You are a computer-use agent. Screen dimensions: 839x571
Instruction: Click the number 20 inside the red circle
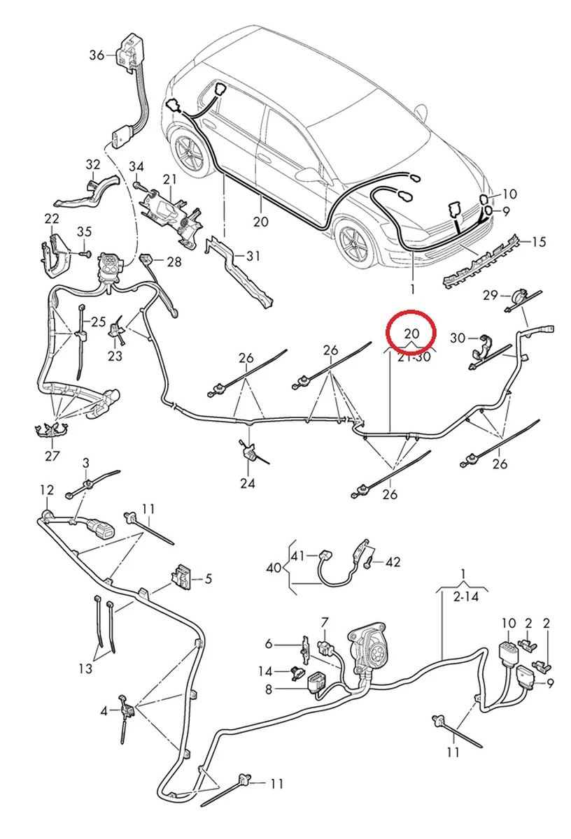click(x=412, y=331)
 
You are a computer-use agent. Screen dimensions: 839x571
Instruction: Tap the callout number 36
click(x=97, y=55)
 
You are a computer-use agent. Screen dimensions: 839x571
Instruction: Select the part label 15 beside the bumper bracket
click(x=538, y=243)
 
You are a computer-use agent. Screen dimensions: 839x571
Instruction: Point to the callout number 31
click(x=252, y=257)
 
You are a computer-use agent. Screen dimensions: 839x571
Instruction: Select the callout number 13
click(x=85, y=669)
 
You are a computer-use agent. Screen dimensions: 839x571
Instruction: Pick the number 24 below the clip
click(x=248, y=483)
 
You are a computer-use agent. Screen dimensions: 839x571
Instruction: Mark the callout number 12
click(x=46, y=489)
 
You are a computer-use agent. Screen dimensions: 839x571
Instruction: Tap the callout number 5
click(x=208, y=578)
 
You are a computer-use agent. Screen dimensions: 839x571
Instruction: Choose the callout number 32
click(x=93, y=164)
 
